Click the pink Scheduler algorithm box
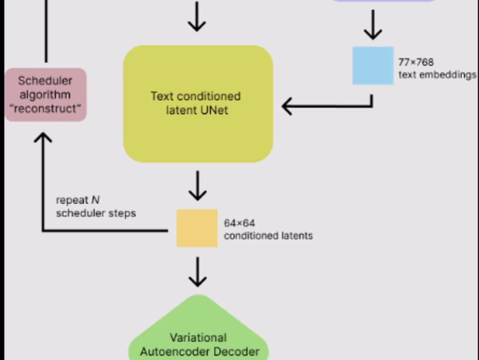46,95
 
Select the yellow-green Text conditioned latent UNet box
198,104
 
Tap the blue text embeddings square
373,65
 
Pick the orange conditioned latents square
197,228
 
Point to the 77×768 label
416,62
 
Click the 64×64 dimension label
239,223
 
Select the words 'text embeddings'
437,75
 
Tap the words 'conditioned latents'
268,236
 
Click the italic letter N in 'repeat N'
95,200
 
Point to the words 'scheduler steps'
96,213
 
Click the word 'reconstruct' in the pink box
46,109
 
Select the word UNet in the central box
214,110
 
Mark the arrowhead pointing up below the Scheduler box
43,138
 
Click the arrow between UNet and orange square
198,186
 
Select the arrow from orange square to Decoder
198,272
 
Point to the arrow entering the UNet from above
197,17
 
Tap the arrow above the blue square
372,25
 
